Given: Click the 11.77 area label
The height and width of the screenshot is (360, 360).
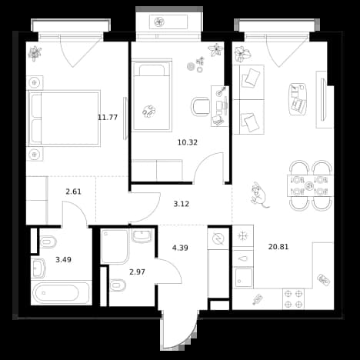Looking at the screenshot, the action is click(108, 118).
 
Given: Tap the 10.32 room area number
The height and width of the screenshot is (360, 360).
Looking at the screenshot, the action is click(188, 142).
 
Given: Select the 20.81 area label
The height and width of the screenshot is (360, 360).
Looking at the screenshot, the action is click(278, 247).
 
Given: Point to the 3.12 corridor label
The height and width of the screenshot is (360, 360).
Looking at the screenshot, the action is click(182, 204).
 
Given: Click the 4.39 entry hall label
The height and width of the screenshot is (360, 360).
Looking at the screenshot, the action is click(180, 248).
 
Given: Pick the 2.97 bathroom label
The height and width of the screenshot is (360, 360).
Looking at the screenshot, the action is click(137, 272).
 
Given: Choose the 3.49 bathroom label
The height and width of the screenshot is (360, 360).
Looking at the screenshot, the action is click(63, 260).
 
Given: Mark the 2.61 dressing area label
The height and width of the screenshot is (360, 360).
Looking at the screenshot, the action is click(73, 192).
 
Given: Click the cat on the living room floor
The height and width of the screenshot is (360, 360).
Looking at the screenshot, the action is click(259, 195).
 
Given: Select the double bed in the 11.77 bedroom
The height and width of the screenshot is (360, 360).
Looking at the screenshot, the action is click(64, 118).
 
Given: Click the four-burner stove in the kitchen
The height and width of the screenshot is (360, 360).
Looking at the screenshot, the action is click(294, 298).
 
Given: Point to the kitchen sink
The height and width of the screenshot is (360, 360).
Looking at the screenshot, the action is click(243, 278).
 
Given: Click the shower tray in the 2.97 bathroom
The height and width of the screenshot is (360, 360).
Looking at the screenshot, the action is click(115, 246).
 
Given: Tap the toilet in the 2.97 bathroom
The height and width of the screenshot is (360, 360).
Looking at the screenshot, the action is click(118, 285).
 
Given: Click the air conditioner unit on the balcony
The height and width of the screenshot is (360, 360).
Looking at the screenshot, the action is click(168, 22).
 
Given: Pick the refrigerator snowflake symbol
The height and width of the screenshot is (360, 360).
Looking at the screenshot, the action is click(242, 236).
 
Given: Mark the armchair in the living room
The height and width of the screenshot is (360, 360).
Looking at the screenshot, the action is click(298, 99).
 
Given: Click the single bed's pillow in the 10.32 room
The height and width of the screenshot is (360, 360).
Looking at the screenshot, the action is click(152, 70).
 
